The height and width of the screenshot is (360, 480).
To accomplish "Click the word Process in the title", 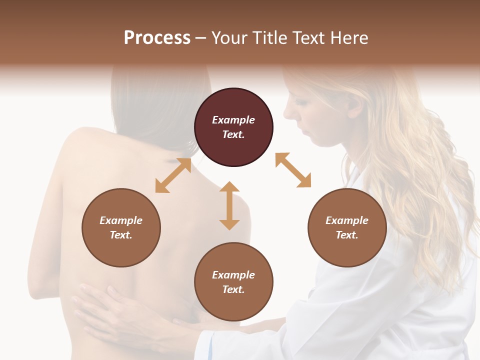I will pyautogui.click(x=157, y=38).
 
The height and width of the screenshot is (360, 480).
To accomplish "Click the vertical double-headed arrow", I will pyautogui.click(x=229, y=205).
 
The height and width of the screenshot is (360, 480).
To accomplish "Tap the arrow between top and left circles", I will pyautogui.click(x=173, y=175).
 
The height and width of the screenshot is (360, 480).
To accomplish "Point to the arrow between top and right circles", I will pyautogui.click(x=293, y=170).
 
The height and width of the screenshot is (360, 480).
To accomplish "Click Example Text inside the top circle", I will pyautogui.click(x=233, y=127).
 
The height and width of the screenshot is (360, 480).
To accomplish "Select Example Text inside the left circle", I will pyautogui.click(x=121, y=227).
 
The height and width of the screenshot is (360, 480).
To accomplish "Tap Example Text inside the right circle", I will pyautogui.click(x=347, y=227).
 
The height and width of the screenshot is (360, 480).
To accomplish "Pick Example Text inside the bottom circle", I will pyautogui.click(x=233, y=282).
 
